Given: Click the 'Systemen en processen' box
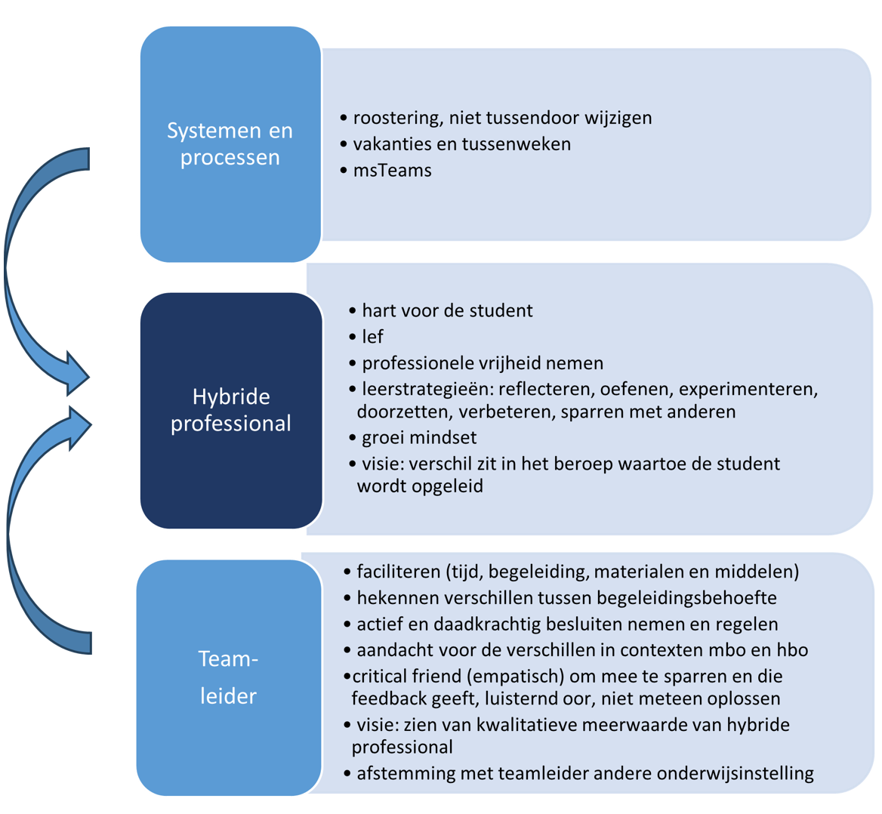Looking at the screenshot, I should [230, 144].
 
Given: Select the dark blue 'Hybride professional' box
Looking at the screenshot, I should [230, 410].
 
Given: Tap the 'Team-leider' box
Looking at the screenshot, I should [229, 677].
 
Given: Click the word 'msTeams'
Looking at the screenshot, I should [392, 171].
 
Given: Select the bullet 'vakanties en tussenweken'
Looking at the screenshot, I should [461, 144].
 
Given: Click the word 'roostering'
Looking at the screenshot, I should [396, 119].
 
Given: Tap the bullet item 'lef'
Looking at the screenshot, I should [372, 337].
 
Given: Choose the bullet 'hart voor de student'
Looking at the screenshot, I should [447, 311].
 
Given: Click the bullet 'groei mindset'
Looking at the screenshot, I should [419, 438].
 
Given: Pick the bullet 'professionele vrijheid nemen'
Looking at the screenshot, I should [483, 363].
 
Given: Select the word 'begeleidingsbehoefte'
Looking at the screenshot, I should [686, 598].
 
